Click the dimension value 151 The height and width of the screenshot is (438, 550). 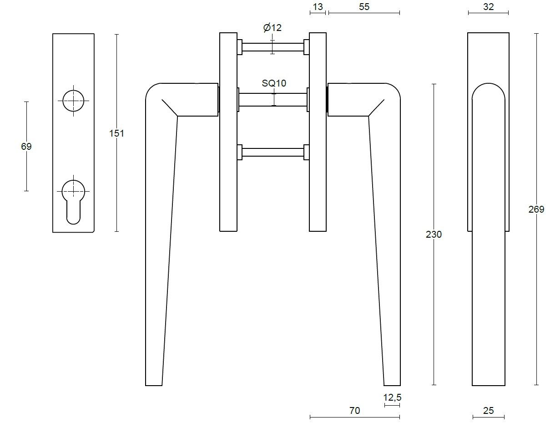tap(116, 133)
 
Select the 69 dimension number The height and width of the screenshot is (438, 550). tap(26, 147)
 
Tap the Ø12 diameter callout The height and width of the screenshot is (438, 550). tap(272, 28)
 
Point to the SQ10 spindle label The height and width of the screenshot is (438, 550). tap(273, 83)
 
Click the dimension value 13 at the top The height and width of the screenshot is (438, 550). tap(318, 6)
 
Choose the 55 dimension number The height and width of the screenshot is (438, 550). tap(364, 6)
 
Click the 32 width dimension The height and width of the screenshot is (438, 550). tap(488, 6)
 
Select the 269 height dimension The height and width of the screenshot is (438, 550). tap(536, 209)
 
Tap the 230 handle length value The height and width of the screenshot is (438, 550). tap(434, 234)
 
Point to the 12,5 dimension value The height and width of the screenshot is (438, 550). tap(392, 397)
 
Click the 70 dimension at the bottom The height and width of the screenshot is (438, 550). tap(354, 411)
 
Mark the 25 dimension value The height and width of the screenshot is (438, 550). tap(488, 411)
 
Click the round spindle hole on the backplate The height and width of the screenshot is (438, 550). tap(73, 101)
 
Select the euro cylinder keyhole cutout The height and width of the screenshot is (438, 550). tap(73, 200)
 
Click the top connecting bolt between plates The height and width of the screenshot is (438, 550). tap(272, 47)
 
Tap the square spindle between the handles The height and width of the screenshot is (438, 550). tap(272, 99)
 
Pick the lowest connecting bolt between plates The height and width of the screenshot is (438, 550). tap(272, 152)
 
